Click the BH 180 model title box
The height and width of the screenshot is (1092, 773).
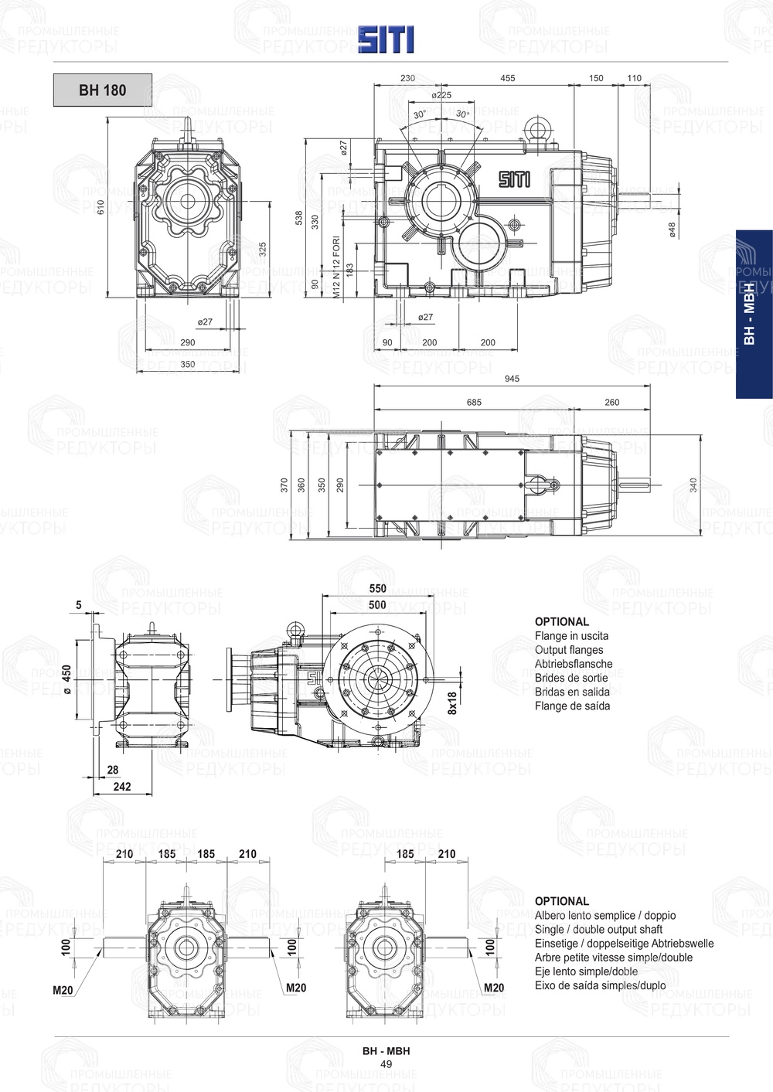click(102, 90)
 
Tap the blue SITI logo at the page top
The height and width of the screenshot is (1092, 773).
click(386, 39)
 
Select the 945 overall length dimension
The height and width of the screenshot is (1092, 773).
click(512, 379)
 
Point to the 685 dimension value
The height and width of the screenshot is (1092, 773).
click(474, 402)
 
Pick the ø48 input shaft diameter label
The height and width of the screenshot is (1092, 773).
click(673, 230)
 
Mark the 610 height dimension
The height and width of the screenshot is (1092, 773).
click(100, 207)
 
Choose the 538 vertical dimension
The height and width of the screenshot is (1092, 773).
click(299, 219)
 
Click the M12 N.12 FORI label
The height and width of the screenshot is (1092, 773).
click(336, 267)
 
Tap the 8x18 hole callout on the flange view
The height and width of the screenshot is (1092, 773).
click(452, 702)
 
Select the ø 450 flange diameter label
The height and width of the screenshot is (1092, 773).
click(67, 680)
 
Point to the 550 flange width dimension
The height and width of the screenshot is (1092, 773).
click(377, 589)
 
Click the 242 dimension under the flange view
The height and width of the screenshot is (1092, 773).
click(122, 787)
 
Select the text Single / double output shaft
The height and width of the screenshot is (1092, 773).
click(598, 930)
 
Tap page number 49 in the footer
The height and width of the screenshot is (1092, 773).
click(386, 1064)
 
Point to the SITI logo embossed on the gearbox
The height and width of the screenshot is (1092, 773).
click(514, 179)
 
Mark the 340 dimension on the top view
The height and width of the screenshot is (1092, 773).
click(693, 485)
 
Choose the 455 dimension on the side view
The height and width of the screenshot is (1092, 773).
click(508, 78)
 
